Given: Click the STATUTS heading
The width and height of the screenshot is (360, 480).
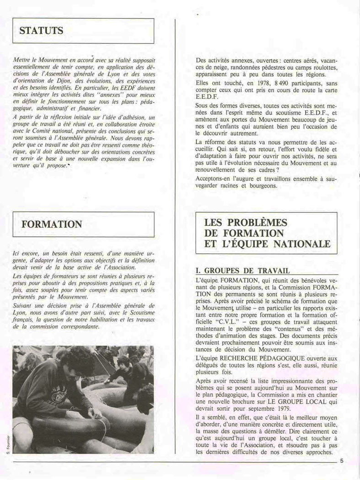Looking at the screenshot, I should click(x=41, y=31).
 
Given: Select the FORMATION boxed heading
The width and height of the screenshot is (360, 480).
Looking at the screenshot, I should click(x=51, y=224).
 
